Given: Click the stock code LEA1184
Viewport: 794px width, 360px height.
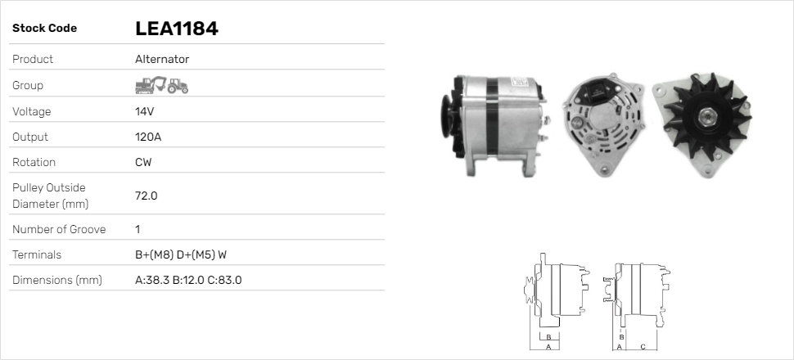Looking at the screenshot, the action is pyautogui.click(x=177, y=29).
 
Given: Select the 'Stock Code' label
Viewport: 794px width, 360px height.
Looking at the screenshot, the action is pyautogui.click(x=44, y=29).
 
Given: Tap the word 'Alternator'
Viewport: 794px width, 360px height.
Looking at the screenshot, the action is pyautogui.click(x=162, y=59).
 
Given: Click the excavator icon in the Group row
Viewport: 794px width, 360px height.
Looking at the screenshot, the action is pyautogui.click(x=151, y=85).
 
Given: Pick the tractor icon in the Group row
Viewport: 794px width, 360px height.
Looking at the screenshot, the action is pyautogui.click(x=178, y=86).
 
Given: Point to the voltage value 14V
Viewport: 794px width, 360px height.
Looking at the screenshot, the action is pyautogui.click(x=144, y=111).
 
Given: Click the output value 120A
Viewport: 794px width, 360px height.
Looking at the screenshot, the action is pyautogui.click(x=148, y=137).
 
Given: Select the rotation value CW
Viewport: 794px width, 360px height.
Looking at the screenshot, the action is pyautogui.click(x=143, y=162).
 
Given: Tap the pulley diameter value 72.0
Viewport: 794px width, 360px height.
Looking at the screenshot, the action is pyautogui.click(x=147, y=196).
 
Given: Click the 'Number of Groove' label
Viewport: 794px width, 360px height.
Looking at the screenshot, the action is pyautogui.click(x=59, y=229).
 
